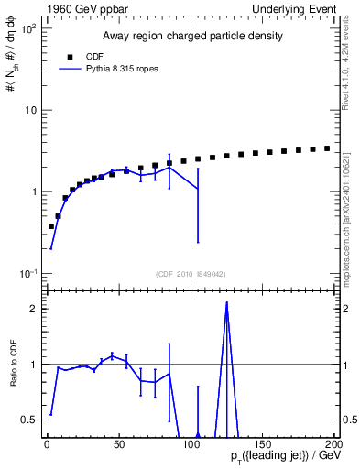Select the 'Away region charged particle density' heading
point(191,37)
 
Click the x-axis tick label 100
point(191,444)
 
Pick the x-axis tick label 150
point(263,444)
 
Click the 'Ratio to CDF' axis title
point(12,365)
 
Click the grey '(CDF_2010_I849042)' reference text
point(191,272)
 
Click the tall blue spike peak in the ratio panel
point(226,303)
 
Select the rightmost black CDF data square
point(327,148)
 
